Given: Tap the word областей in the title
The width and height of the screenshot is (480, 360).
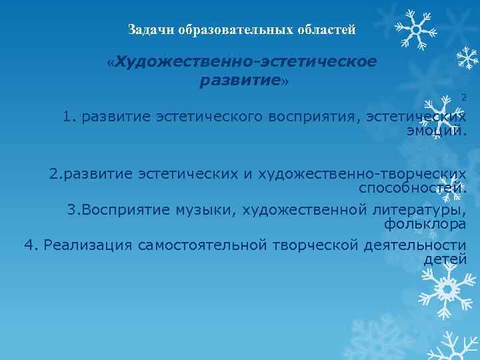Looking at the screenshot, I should [x=326, y=30].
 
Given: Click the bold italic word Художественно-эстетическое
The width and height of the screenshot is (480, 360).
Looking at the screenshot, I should [x=246, y=62].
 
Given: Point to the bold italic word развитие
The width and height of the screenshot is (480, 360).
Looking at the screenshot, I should [x=239, y=81].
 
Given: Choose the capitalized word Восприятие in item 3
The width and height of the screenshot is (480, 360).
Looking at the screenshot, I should [x=116, y=209].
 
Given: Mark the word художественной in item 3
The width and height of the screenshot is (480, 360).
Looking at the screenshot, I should [x=301, y=209].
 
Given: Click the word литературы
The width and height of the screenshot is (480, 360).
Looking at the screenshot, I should [x=416, y=209].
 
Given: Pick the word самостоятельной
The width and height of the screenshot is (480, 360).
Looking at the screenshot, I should [x=203, y=245].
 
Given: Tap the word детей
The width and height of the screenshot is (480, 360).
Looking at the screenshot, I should [x=445, y=259].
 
